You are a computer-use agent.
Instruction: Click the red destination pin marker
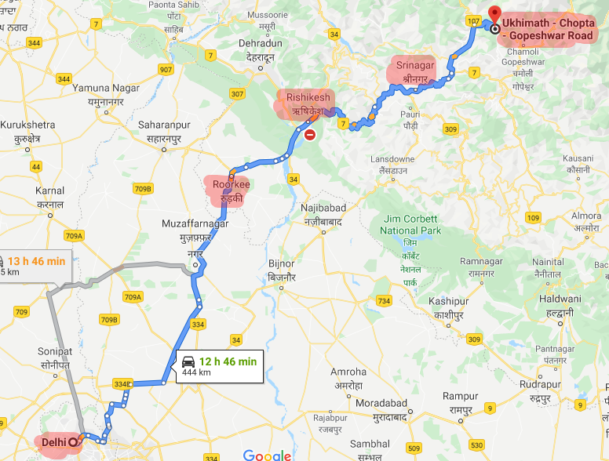click(x=494, y=14)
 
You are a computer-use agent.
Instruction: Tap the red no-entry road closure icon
click(x=311, y=135)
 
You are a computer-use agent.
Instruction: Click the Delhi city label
click(x=54, y=442)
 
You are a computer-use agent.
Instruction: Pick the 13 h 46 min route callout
click(x=35, y=266)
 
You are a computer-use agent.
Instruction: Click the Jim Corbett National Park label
click(x=410, y=225)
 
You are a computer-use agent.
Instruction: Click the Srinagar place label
click(x=415, y=66)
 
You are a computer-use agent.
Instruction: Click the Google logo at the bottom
click(x=267, y=455)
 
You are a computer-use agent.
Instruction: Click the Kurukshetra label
click(x=27, y=125)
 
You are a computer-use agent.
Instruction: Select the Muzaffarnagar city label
click(x=195, y=223)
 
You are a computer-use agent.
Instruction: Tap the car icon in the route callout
click(x=188, y=361)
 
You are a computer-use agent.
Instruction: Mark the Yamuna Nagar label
click(x=105, y=87)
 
